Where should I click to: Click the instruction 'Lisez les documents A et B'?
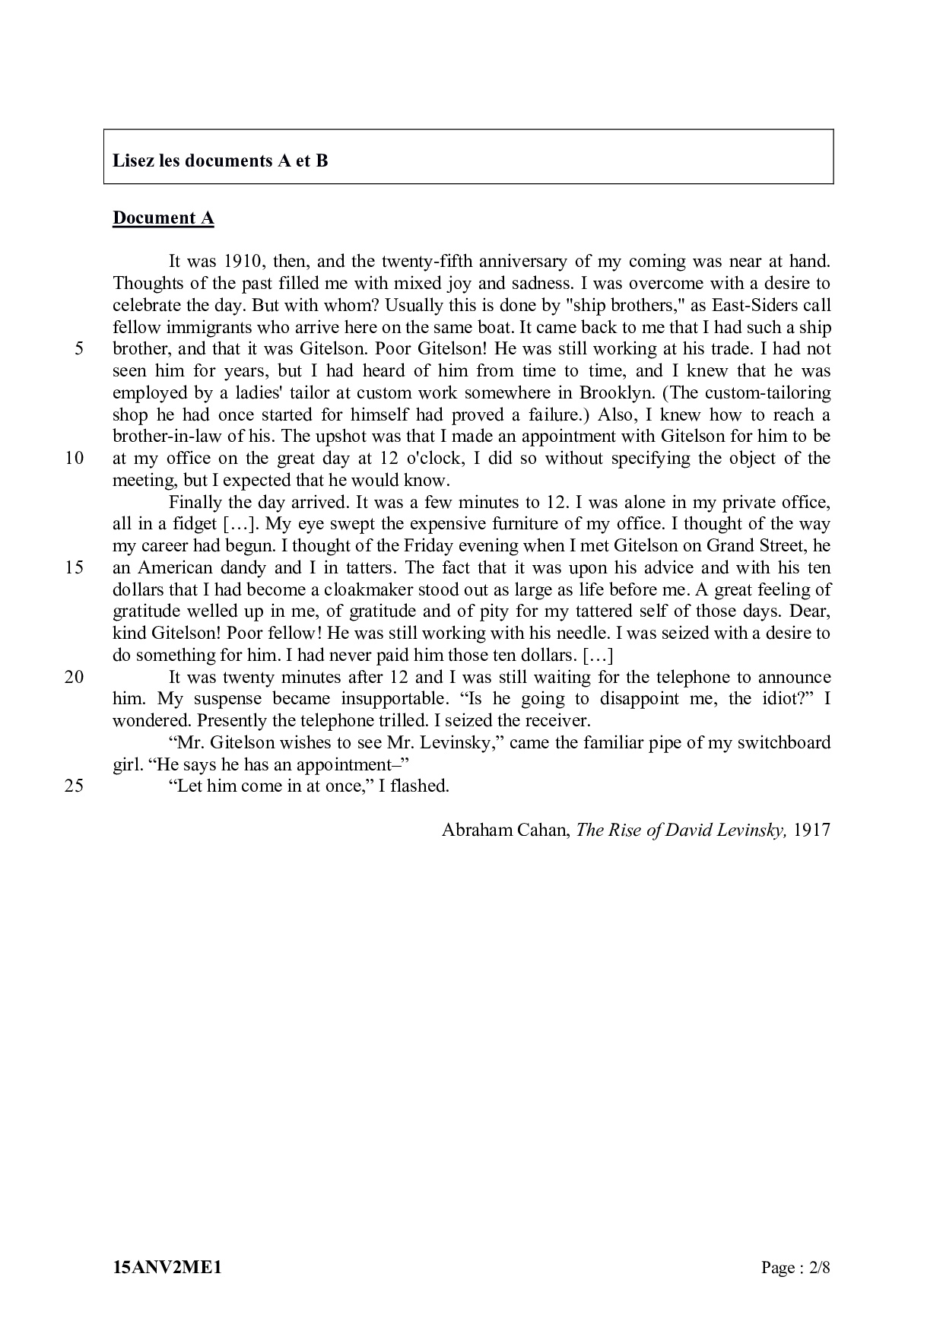221,161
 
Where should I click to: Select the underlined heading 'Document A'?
164,218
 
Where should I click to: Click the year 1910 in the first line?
243,262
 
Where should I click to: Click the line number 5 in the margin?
79,349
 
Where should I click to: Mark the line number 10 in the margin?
75,459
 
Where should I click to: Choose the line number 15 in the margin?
75,568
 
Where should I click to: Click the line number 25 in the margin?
75,786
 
